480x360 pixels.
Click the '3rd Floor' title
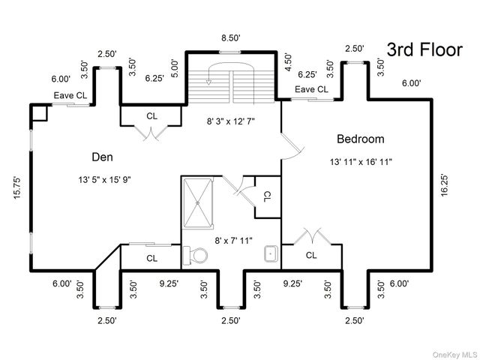pos(424,50)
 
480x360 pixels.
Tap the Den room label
pos(102,157)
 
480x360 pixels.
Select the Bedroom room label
pos(361,139)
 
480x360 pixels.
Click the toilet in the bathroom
pos(195,255)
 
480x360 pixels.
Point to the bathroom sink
pos(271,253)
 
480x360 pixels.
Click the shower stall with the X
pos(198,203)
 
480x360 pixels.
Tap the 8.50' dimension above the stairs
pos(231,38)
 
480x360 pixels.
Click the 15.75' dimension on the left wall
pos(17,187)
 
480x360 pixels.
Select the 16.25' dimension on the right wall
pos(444,185)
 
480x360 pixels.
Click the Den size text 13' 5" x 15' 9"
pos(105,180)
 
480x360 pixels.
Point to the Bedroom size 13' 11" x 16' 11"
pos(361,162)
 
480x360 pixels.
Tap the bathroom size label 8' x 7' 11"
pos(233,241)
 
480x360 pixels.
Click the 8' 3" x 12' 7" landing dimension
pos(231,121)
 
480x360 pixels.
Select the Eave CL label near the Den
pos(70,95)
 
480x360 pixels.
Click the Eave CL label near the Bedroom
pos(311,89)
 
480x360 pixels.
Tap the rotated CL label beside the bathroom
pos(267,196)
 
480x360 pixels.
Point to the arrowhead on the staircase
pos(208,82)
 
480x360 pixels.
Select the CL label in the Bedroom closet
pos(311,255)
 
